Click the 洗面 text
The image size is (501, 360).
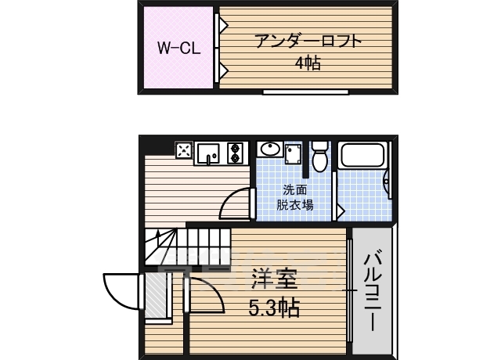tap(294, 189)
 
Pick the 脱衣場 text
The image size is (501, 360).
tap(294, 205)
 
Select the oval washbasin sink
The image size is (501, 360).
tap(269, 149)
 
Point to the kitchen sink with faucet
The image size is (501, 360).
tap(208, 152)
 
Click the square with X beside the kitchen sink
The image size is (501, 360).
tap(184, 150)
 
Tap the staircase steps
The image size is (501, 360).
tap(188, 245)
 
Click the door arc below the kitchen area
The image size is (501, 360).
tap(236, 206)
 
